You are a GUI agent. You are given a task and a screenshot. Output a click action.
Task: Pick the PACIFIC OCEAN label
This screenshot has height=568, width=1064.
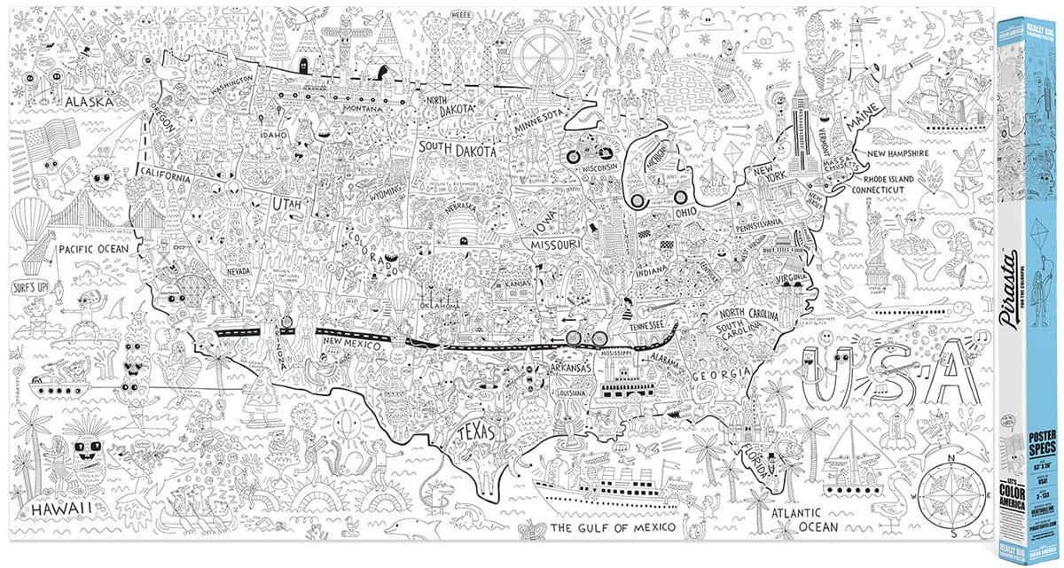coord(94,249)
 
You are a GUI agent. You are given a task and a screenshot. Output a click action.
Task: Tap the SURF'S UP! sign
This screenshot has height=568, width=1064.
coord(30,288)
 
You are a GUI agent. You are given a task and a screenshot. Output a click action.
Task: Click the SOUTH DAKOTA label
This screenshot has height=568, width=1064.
coord(458,152)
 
